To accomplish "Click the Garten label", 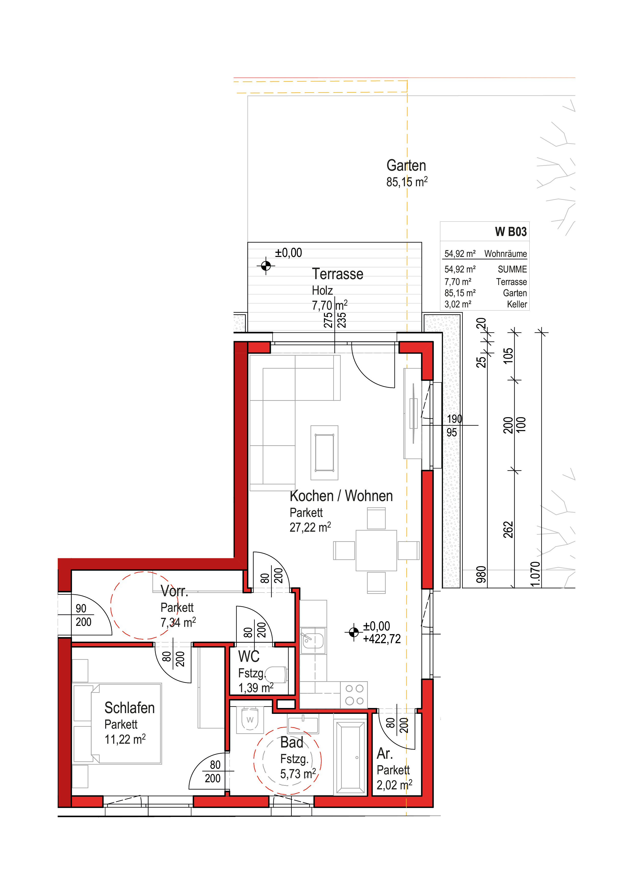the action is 406,166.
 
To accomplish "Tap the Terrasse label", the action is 337,274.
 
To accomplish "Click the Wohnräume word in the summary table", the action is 505,254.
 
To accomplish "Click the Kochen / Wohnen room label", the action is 341,496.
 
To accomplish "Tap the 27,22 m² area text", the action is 310,527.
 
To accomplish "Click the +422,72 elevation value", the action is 382,639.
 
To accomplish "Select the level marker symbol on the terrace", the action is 266,266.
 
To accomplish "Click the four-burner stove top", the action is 354,695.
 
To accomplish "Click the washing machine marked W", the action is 250,720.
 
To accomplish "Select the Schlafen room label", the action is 129,707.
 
